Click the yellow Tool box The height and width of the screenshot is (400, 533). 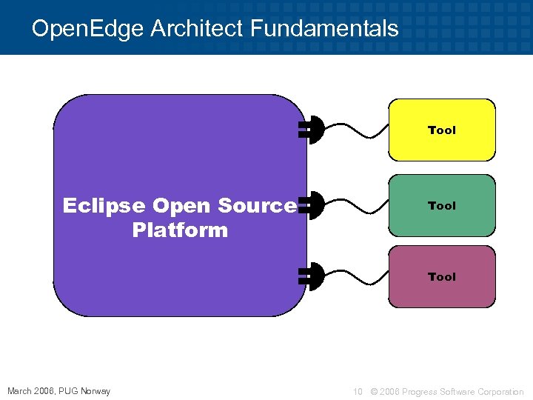(x=442, y=130)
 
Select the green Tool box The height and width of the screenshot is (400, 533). (x=442, y=205)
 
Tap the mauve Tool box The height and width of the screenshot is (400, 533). (x=442, y=276)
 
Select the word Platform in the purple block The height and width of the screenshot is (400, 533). (x=180, y=230)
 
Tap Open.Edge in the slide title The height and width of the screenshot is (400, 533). (x=88, y=29)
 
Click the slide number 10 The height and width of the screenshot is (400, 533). (x=358, y=391)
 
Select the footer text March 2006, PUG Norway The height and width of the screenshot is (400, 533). (x=58, y=391)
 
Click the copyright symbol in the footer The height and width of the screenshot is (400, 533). (x=374, y=391)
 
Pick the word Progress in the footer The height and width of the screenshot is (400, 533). (x=420, y=391)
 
